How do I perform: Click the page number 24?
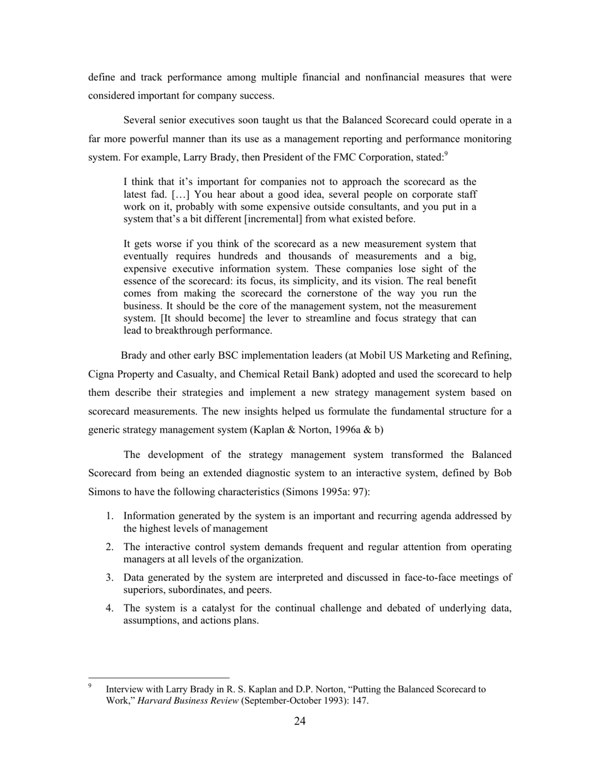tap(300, 722)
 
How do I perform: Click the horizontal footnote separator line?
tap(159, 677)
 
